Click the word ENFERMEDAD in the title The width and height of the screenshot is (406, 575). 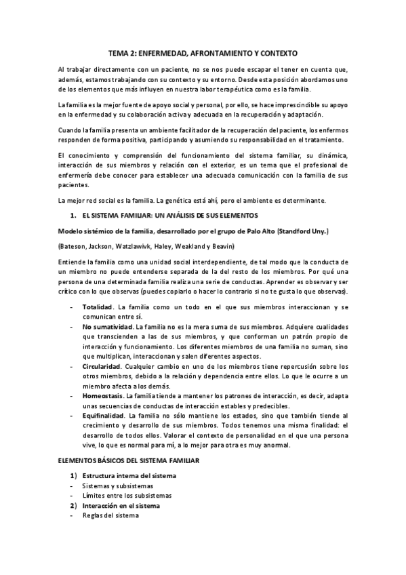(171, 52)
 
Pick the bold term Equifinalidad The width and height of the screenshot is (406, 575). (103, 414)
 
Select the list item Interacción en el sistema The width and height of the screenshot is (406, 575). (121, 506)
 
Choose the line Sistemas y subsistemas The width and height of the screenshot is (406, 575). (117, 485)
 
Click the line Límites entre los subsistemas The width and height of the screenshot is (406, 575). (127, 496)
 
